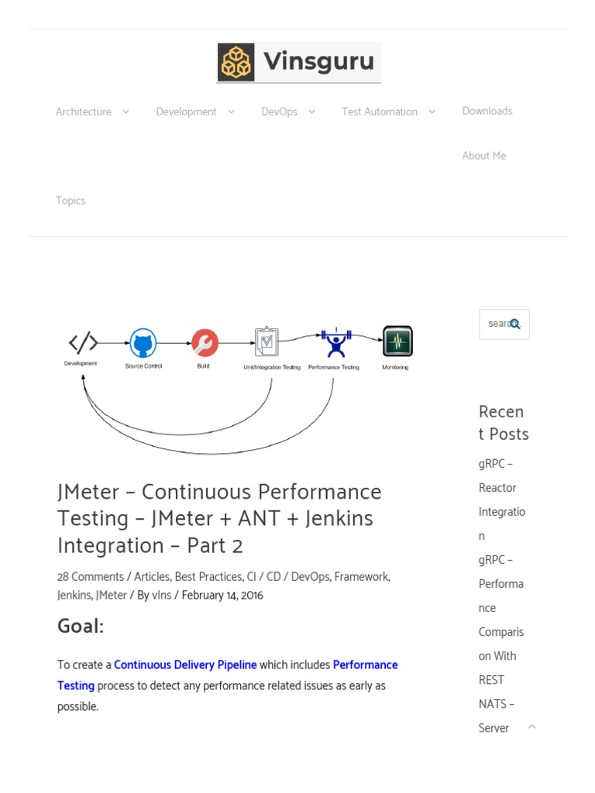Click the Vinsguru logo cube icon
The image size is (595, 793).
coord(236,62)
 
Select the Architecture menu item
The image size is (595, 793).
coord(84,112)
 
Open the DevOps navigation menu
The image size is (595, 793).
coord(280,112)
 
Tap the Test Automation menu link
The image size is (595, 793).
coord(380,112)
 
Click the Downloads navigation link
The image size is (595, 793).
coord(487,112)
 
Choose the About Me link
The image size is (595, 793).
coord(484,156)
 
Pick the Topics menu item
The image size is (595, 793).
coord(71,201)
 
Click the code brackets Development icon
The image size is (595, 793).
coord(83,342)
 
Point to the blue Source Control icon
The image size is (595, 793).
coord(143,343)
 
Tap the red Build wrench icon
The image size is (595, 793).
coord(205,343)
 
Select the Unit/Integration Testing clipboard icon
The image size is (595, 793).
coord(267,342)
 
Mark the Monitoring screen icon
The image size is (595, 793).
coord(397,342)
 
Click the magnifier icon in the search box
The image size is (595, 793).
coord(515,324)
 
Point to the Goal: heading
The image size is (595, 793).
coord(81,627)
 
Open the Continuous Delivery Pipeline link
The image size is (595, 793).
coord(185,665)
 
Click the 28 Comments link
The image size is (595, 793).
coord(91,577)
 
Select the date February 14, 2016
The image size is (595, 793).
coord(222,596)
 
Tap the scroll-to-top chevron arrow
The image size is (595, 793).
coord(531,726)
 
